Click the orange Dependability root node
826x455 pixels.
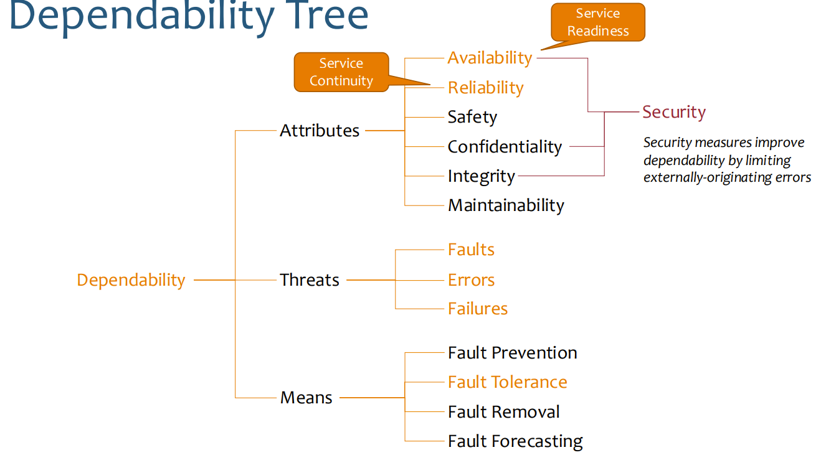(131, 280)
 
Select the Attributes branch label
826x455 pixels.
(320, 131)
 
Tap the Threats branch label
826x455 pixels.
(310, 280)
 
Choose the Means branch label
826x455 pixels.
(306, 398)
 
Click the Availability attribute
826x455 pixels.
(490, 58)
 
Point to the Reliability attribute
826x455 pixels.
(485, 88)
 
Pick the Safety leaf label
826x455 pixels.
(472, 117)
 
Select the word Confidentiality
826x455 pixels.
(505, 147)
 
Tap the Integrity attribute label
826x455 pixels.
(481, 177)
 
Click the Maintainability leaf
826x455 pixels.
(506, 205)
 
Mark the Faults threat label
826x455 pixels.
(471, 250)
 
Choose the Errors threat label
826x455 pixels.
(471, 280)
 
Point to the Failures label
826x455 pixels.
(478, 309)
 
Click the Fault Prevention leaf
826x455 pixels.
(512, 353)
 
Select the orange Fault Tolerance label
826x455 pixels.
(507, 382)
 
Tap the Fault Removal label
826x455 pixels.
(503, 412)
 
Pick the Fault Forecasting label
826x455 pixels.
(515, 441)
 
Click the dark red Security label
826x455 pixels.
(674, 112)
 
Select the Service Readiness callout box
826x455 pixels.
(598, 22)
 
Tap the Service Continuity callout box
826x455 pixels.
(341, 72)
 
